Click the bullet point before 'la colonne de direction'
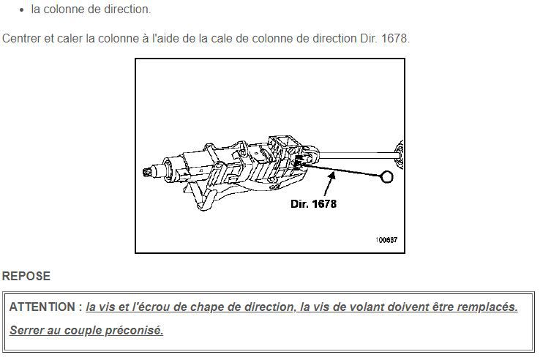click(x=22, y=10)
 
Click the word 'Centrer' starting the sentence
click(x=21, y=38)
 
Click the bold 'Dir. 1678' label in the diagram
click(x=313, y=204)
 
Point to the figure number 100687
click(x=386, y=240)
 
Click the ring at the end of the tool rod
click(x=387, y=176)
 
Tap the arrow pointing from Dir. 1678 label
click(x=329, y=184)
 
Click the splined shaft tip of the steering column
click(x=148, y=172)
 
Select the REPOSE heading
click(x=26, y=276)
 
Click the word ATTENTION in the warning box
click(x=42, y=307)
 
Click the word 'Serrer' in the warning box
click(x=26, y=330)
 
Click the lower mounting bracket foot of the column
click(x=203, y=201)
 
